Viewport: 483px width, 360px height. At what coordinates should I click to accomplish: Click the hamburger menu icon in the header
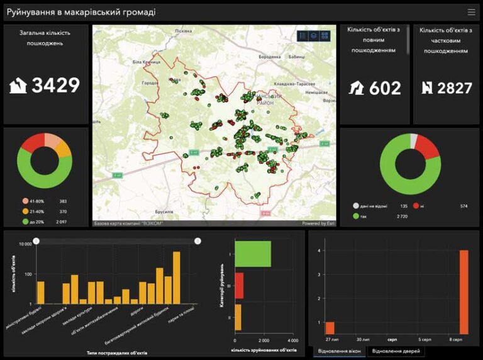coord(471,12)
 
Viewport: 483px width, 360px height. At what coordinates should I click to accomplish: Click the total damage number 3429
coord(56,85)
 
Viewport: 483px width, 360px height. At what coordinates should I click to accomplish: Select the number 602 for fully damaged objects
coord(385,89)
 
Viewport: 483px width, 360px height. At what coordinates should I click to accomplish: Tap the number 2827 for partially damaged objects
coord(454,89)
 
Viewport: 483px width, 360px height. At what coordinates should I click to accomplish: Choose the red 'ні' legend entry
coord(425,206)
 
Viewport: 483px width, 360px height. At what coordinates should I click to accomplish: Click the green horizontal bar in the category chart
coord(252,254)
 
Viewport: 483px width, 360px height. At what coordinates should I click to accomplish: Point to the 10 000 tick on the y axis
coord(24,244)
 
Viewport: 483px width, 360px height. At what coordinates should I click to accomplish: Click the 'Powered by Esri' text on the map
coord(318,223)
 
